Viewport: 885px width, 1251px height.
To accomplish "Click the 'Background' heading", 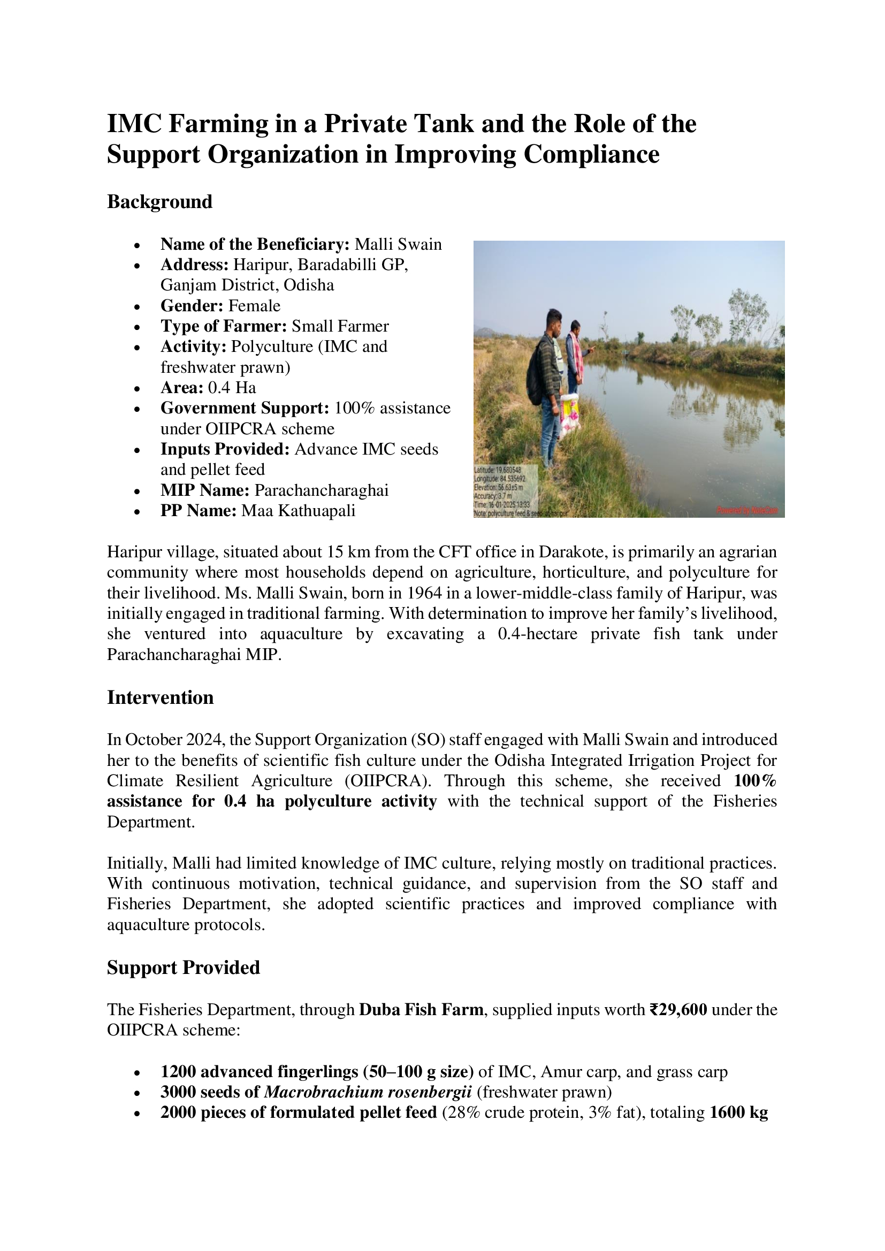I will click(159, 202).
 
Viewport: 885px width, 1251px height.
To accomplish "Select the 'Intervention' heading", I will click(159, 697).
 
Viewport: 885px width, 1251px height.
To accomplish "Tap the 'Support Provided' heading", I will click(183, 967).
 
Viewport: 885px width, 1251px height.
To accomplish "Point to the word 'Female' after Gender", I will click(254, 306).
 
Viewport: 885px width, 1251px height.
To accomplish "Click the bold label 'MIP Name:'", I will click(205, 490).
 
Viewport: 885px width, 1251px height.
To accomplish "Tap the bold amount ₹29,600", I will click(678, 1010).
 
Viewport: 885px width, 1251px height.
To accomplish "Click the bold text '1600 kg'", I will click(738, 1112).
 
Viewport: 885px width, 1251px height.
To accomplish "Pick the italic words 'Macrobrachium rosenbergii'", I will click(368, 1092).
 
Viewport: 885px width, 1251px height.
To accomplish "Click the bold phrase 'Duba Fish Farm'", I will click(421, 1010).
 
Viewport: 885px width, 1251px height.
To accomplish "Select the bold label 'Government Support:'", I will click(245, 408).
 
